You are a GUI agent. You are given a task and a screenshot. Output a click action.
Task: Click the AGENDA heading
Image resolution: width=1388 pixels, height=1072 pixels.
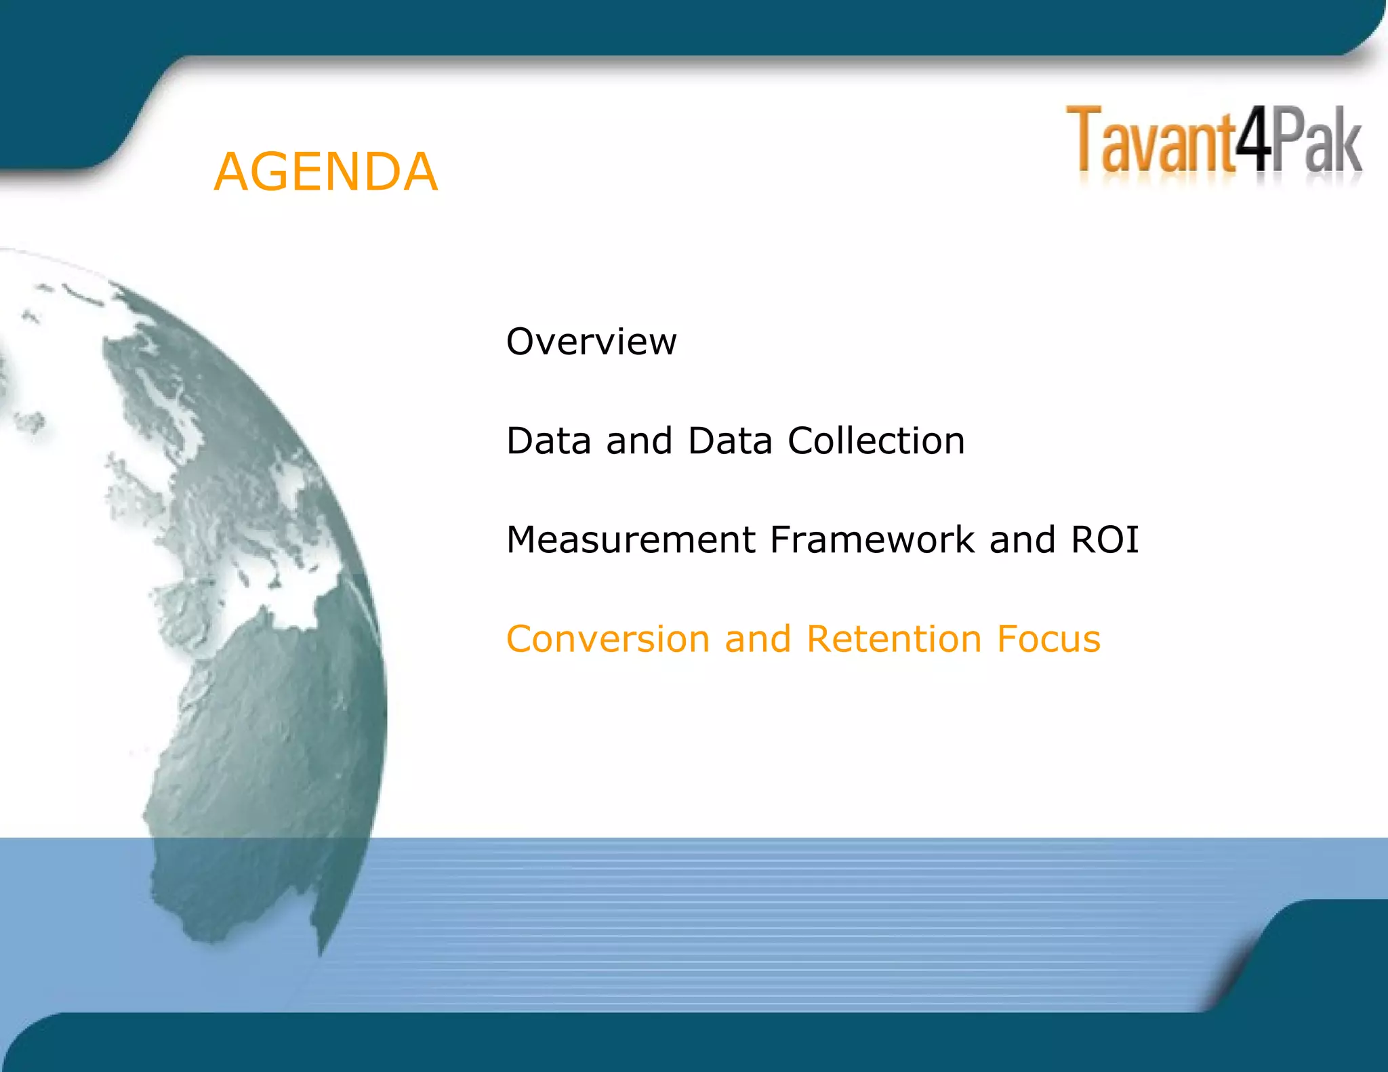pyautogui.click(x=325, y=172)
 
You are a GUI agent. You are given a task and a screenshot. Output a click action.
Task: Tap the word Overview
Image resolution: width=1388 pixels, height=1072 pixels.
pyautogui.click(x=591, y=342)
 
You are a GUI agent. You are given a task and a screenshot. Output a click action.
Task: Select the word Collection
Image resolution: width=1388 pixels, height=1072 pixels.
pyautogui.click(x=876, y=441)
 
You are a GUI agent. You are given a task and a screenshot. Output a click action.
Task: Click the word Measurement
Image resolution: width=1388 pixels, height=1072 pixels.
pyautogui.click(x=630, y=540)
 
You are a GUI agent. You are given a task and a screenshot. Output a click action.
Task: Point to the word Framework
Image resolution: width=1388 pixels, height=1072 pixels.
pyautogui.click(x=872, y=540)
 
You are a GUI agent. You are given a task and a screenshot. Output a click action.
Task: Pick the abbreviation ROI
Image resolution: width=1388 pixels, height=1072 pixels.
pyautogui.click(x=1105, y=540)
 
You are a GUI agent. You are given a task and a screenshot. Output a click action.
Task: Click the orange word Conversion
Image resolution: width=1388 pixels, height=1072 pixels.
pyautogui.click(x=608, y=639)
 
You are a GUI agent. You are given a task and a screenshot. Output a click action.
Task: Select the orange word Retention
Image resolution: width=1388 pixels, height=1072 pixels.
pyautogui.click(x=894, y=639)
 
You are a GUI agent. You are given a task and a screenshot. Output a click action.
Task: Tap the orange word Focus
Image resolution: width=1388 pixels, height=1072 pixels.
pyautogui.click(x=1048, y=639)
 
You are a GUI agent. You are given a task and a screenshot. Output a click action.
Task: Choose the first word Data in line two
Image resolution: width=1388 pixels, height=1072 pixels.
pyautogui.click(x=548, y=441)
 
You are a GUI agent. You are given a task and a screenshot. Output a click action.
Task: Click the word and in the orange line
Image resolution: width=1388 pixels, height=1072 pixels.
pyautogui.click(x=758, y=639)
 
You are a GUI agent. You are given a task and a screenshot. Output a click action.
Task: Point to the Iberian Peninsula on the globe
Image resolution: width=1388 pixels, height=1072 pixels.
pyautogui.click(x=183, y=603)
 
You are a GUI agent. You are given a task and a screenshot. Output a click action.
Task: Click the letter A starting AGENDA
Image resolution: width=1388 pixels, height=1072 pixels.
pyautogui.click(x=230, y=172)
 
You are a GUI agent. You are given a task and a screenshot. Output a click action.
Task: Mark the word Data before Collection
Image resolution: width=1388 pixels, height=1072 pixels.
pyautogui.click(x=729, y=441)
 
